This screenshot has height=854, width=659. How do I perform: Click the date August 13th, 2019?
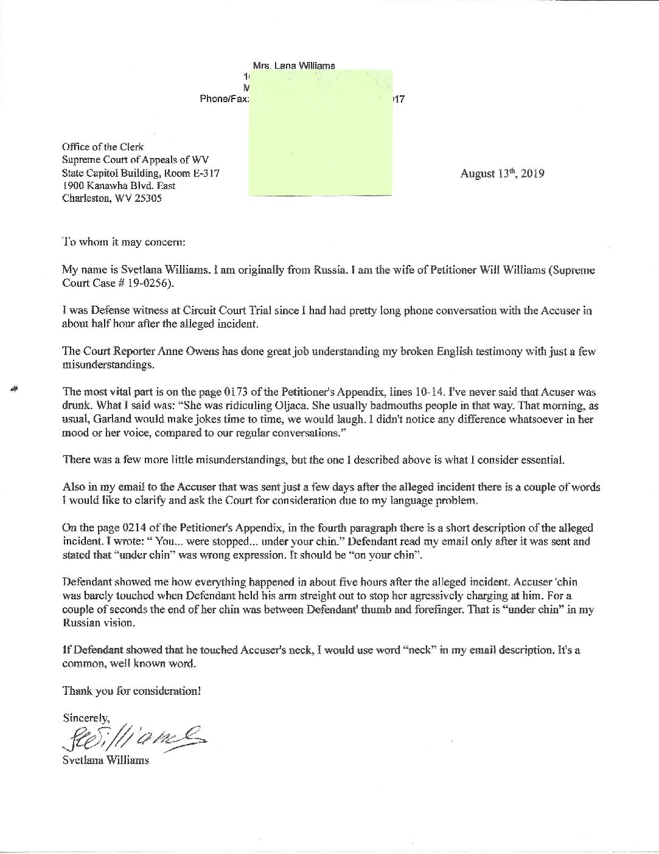pyautogui.click(x=502, y=174)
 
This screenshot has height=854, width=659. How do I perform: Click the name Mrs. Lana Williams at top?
pyautogui.click(x=293, y=66)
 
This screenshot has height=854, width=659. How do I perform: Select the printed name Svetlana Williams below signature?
pyautogui.click(x=105, y=760)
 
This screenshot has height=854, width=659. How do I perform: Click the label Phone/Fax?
pyautogui.click(x=224, y=98)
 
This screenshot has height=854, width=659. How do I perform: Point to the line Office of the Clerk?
pyautogui.click(x=103, y=147)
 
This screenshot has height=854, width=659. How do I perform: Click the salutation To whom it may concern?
pyautogui.click(x=124, y=242)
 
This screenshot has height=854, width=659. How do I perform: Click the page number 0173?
pyautogui.click(x=181, y=392)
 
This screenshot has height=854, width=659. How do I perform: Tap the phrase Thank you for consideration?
pyautogui.click(x=131, y=691)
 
